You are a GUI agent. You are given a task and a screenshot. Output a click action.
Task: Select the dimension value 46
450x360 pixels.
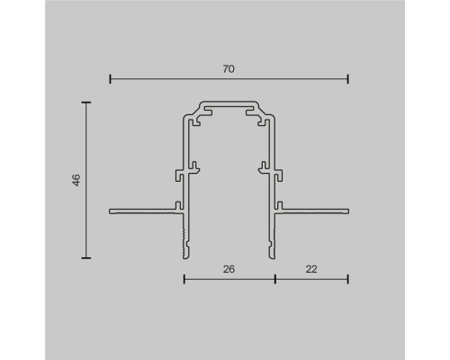[x=77, y=180]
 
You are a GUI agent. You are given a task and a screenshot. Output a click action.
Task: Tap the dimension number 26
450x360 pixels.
[x=229, y=267]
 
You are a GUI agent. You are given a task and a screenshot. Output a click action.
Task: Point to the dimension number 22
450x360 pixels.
[x=310, y=267]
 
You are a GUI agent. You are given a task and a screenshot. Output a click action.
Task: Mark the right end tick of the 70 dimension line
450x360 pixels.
[x=348, y=79]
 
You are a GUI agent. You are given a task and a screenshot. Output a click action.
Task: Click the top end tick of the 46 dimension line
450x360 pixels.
[x=87, y=103]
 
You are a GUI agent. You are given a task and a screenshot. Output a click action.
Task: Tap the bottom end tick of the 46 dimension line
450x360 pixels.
[x=87, y=258]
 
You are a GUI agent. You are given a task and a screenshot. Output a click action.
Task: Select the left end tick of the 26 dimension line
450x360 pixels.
[x=184, y=279]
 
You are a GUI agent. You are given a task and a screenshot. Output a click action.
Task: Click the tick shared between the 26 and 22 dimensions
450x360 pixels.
[x=274, y=279]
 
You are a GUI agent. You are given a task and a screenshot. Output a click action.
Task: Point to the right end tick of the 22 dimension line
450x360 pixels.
[x=348, y=279]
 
